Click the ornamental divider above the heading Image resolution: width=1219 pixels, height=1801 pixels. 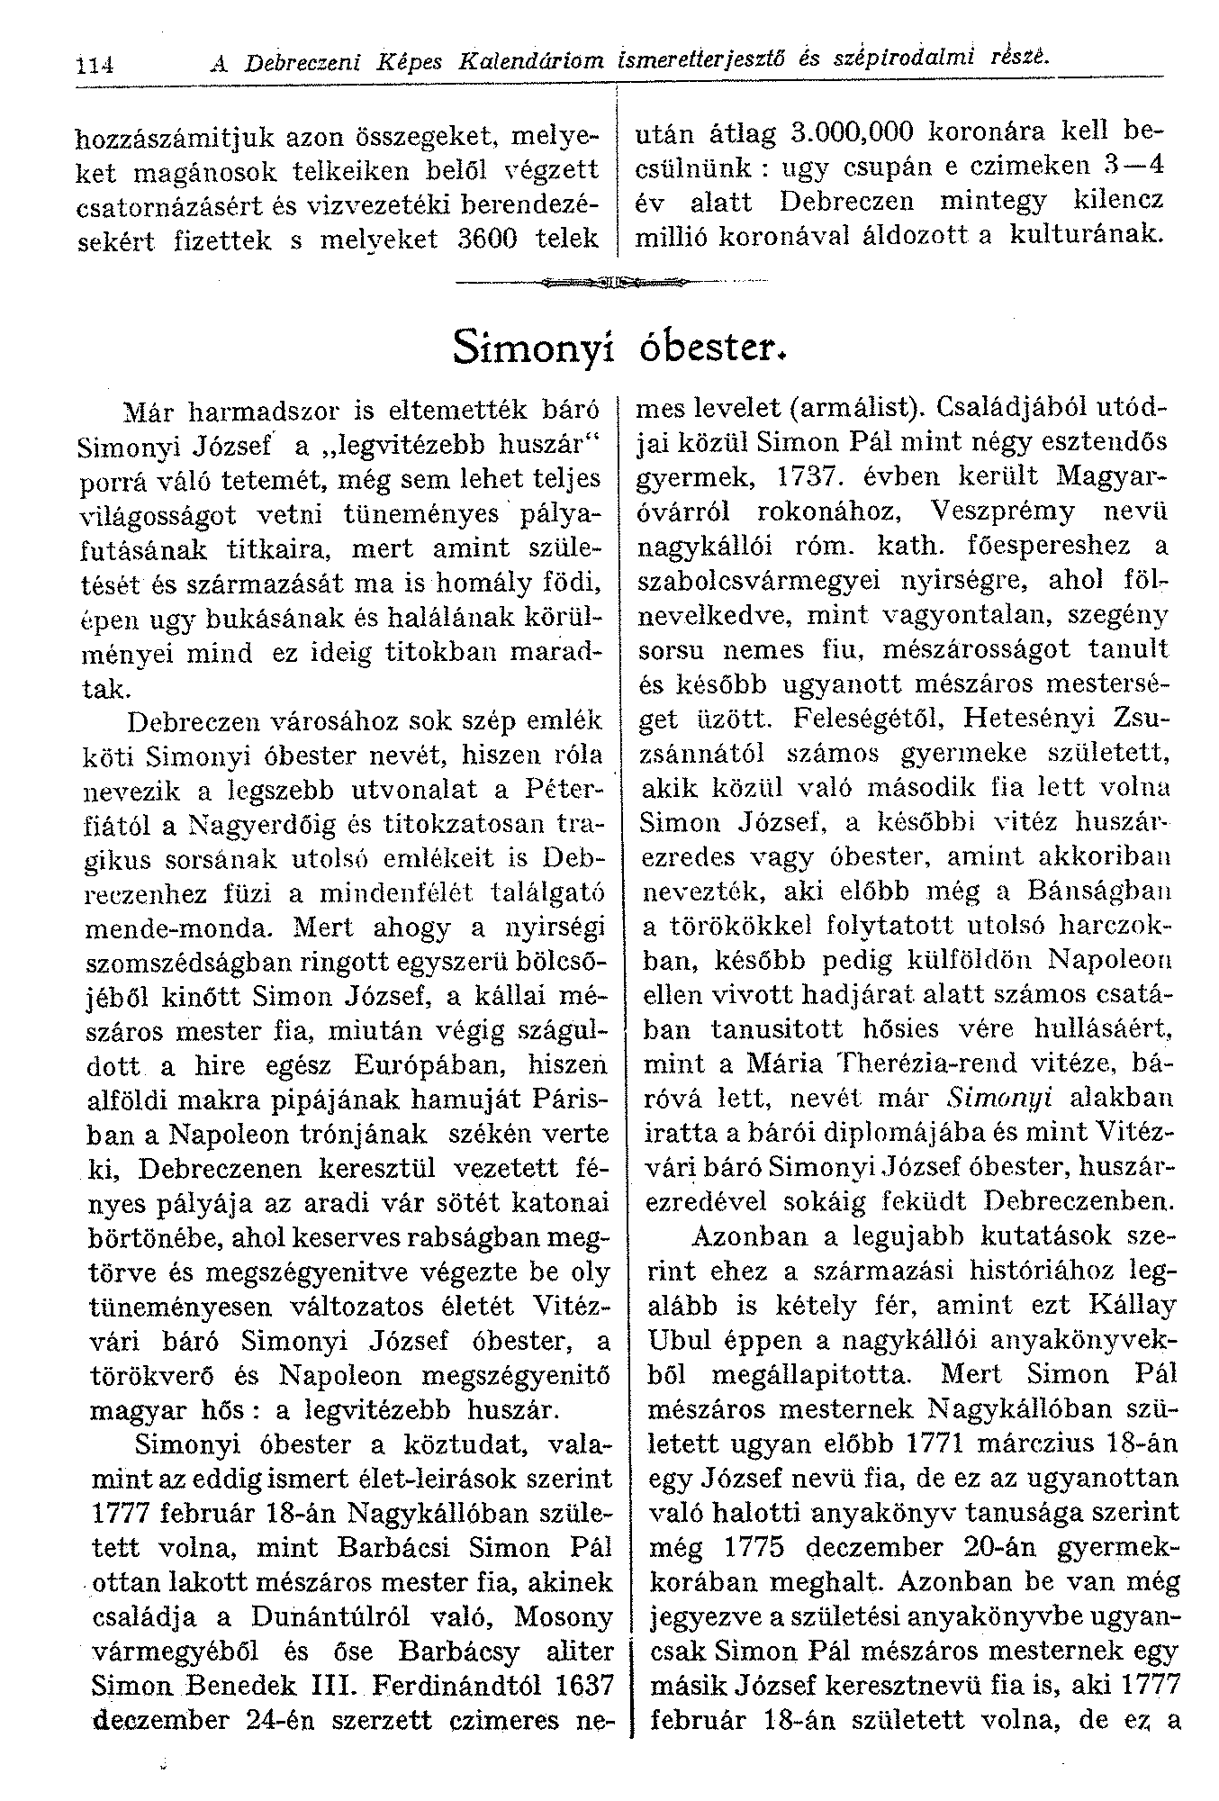[612, 283]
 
